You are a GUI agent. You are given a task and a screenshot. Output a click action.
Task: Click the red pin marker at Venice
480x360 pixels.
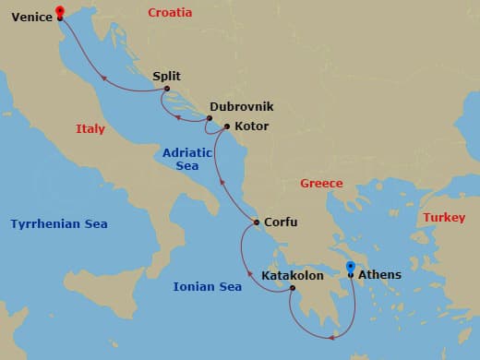click(x=60, y=11)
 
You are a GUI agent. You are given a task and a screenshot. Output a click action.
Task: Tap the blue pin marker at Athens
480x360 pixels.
click(x=351, y=268)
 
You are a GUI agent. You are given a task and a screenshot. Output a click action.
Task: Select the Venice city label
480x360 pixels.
click(x=30, y=17)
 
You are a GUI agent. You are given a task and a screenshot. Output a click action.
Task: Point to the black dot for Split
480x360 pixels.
click(x=167, y=89)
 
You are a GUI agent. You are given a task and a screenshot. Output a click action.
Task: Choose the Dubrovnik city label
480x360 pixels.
click(x=241, y=106)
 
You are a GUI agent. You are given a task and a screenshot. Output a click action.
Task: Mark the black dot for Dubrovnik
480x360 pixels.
click(x=210, y=118)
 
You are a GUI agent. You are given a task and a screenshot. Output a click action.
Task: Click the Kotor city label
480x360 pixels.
click(x=251, y=126)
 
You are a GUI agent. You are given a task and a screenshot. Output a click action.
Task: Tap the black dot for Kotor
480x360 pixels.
click(x=227, y=126)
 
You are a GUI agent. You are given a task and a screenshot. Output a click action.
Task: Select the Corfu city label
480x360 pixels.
click(x=281, y=222)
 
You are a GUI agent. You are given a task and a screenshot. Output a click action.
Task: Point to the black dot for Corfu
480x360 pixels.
click(x=257, y=222)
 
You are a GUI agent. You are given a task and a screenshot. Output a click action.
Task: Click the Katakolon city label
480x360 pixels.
click(x=292, y=275)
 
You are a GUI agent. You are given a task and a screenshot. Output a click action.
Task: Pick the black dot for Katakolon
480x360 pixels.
click(x=292, y=288)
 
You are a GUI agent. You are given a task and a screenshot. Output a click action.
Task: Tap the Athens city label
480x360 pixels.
click(x=379, y=274)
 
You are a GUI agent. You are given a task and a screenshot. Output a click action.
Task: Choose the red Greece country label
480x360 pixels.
click(x=321, y=184)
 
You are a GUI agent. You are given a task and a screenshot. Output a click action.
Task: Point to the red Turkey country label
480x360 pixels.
click(x=444, y=217)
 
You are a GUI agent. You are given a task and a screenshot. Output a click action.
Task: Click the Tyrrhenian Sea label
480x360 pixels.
click(x=59, y=224)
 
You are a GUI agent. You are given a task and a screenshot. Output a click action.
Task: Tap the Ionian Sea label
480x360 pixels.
click(x=208, y=287)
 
